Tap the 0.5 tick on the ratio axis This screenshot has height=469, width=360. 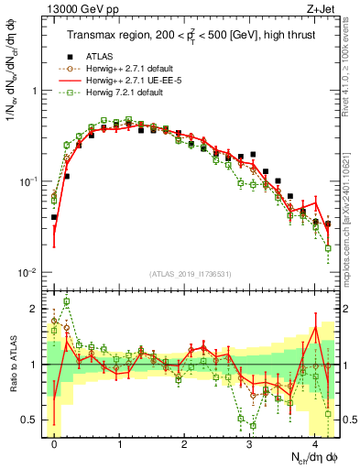click(x=32, y=420)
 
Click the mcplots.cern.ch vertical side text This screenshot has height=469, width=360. click(x=352, y=211)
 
